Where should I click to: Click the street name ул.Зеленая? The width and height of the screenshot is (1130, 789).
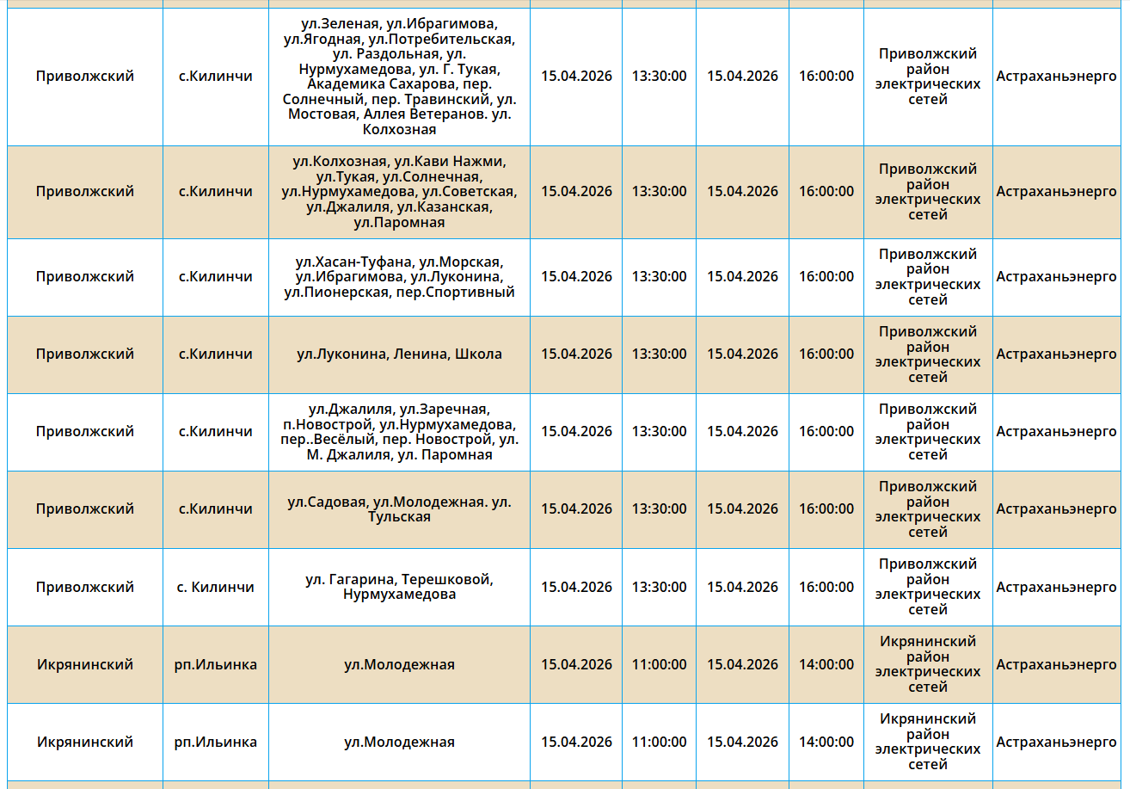[x=340, y=24]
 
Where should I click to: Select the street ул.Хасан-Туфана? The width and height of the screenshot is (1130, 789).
[x=351, y=262]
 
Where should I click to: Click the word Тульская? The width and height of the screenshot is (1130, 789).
[x=399, y=517]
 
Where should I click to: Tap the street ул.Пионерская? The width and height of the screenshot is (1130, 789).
[x=334, y=293]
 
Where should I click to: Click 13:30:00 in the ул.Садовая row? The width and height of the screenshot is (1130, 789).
[x=659, y=509]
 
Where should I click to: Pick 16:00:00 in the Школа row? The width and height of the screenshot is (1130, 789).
[x=826, y=354]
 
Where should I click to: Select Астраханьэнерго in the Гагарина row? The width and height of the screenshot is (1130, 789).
[x=1056, y=588]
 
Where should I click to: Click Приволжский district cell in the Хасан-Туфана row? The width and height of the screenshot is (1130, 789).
[x=85, y=277]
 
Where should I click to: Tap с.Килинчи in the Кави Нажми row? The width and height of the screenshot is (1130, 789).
[x=215, y=192]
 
